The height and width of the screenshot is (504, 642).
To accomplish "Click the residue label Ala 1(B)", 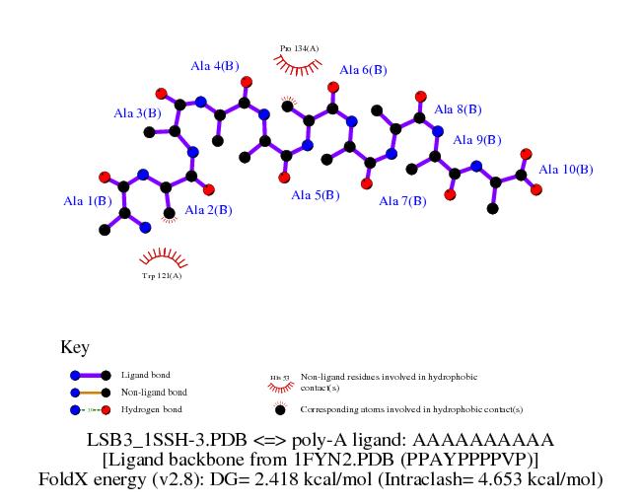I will [87, 202].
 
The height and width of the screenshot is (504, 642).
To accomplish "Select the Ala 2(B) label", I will [208, 209].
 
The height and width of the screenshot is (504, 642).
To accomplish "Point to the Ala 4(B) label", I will [215, 66].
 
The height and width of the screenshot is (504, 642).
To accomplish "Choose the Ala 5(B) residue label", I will [315, 195].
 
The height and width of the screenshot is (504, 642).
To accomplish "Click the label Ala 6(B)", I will [363, 70].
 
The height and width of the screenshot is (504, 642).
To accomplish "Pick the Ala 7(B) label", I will [403, 201].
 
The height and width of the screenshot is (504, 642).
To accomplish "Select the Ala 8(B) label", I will [458, 109].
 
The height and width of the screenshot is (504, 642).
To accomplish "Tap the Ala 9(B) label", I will [477, 140].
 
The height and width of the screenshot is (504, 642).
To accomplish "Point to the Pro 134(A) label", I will [299, 47].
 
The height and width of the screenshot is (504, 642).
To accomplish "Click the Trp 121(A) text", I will [162, 276].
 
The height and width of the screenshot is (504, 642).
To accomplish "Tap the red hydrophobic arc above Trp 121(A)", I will [163, 258].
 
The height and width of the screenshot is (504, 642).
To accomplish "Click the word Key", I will [75, 347].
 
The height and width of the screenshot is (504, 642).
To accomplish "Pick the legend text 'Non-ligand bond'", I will [153, 393].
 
